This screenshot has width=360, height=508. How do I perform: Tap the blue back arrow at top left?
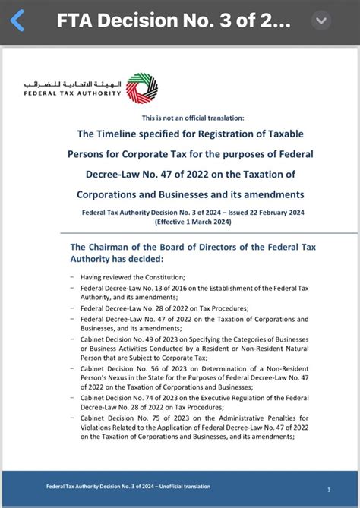[17, 21]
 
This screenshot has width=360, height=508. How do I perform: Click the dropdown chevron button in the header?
[323, 21]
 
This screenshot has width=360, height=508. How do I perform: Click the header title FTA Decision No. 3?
[173, 21]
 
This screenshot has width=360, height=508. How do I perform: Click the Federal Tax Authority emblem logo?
[142, 88]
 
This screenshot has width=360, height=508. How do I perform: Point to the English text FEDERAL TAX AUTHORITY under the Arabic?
[73, 93]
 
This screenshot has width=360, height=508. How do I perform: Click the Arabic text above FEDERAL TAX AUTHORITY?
[73, 81]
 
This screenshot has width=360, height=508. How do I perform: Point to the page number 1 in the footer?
[328, 490]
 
